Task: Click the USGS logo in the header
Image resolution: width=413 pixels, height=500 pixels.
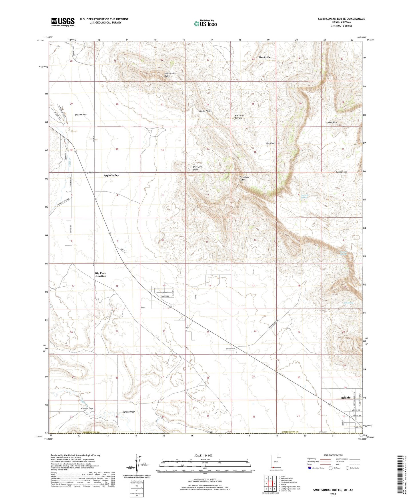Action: tap(63, 22)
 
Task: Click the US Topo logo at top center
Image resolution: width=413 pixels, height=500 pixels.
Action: tap(205, 23)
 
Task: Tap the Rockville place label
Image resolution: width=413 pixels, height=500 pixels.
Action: tap(265, 57)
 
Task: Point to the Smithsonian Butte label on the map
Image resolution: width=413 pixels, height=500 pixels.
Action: tap(170, 75)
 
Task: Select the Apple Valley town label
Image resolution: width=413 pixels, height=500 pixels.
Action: tap(111, 175)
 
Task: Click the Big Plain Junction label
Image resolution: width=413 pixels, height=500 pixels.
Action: tap(101, 275)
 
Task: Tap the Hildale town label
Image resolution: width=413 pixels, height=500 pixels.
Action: tap(345, 398)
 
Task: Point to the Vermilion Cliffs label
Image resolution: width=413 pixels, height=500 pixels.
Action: tap(244, 178)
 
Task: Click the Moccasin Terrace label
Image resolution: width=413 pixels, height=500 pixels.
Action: tap(238, 117)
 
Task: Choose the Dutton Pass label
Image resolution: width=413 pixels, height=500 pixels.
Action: tap(81, 115)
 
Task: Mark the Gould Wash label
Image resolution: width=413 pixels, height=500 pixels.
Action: tap(205, 111)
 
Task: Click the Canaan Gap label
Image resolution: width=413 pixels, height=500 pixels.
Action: tap(87, 408)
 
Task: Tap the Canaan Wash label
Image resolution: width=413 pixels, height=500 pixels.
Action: tap(129, 412)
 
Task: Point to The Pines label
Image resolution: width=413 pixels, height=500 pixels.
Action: tap(270, 143)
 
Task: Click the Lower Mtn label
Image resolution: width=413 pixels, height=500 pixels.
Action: tap(332, 123)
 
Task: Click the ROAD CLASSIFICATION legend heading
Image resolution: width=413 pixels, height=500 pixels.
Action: tap(333, 455)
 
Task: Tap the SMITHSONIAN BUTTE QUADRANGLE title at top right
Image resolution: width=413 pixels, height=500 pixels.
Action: tap(341, 19)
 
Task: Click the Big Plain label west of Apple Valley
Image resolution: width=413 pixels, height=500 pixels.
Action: tap(89, 173)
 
